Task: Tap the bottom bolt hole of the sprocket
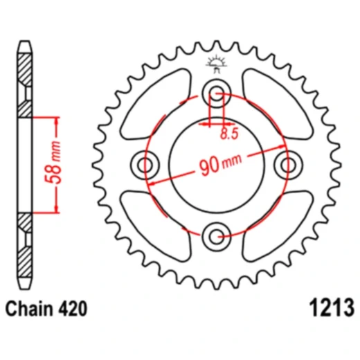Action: (217, 235)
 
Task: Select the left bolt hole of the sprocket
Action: (146, 164)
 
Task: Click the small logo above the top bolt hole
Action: (217, 64)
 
